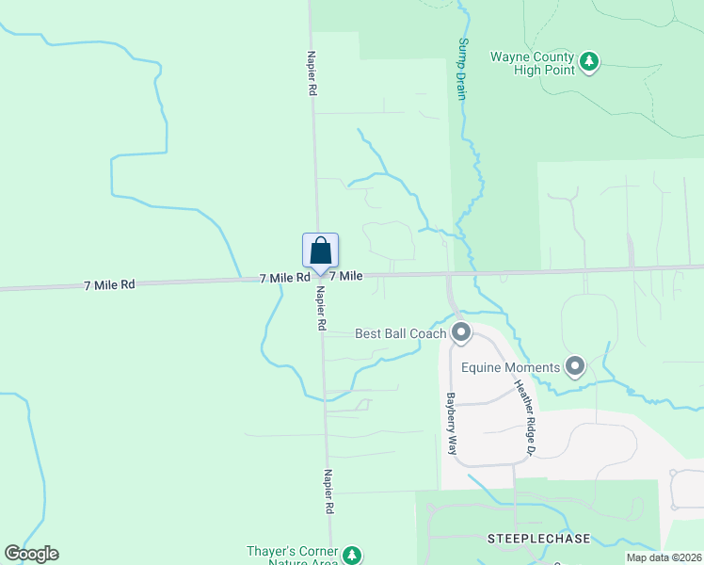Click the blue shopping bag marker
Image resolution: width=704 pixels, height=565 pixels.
320,251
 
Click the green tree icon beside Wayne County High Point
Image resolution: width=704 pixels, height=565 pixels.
589,61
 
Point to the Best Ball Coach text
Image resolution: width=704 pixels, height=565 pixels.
401,333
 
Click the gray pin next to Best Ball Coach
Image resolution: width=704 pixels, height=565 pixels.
461,332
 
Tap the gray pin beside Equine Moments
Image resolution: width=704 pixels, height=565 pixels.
576,365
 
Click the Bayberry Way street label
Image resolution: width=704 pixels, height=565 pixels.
451,424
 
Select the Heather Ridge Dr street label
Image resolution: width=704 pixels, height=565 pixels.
523,418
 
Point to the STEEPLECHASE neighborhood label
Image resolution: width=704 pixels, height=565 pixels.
538,539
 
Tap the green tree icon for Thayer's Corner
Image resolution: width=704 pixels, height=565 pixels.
352,555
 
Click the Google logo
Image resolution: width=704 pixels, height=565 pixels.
31,554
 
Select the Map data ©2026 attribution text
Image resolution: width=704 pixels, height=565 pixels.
664,557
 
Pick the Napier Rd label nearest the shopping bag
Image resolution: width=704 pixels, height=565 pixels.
321,308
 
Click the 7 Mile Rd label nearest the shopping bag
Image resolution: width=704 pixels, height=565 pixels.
285,278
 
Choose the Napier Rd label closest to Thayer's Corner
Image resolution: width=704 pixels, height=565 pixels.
329,492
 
